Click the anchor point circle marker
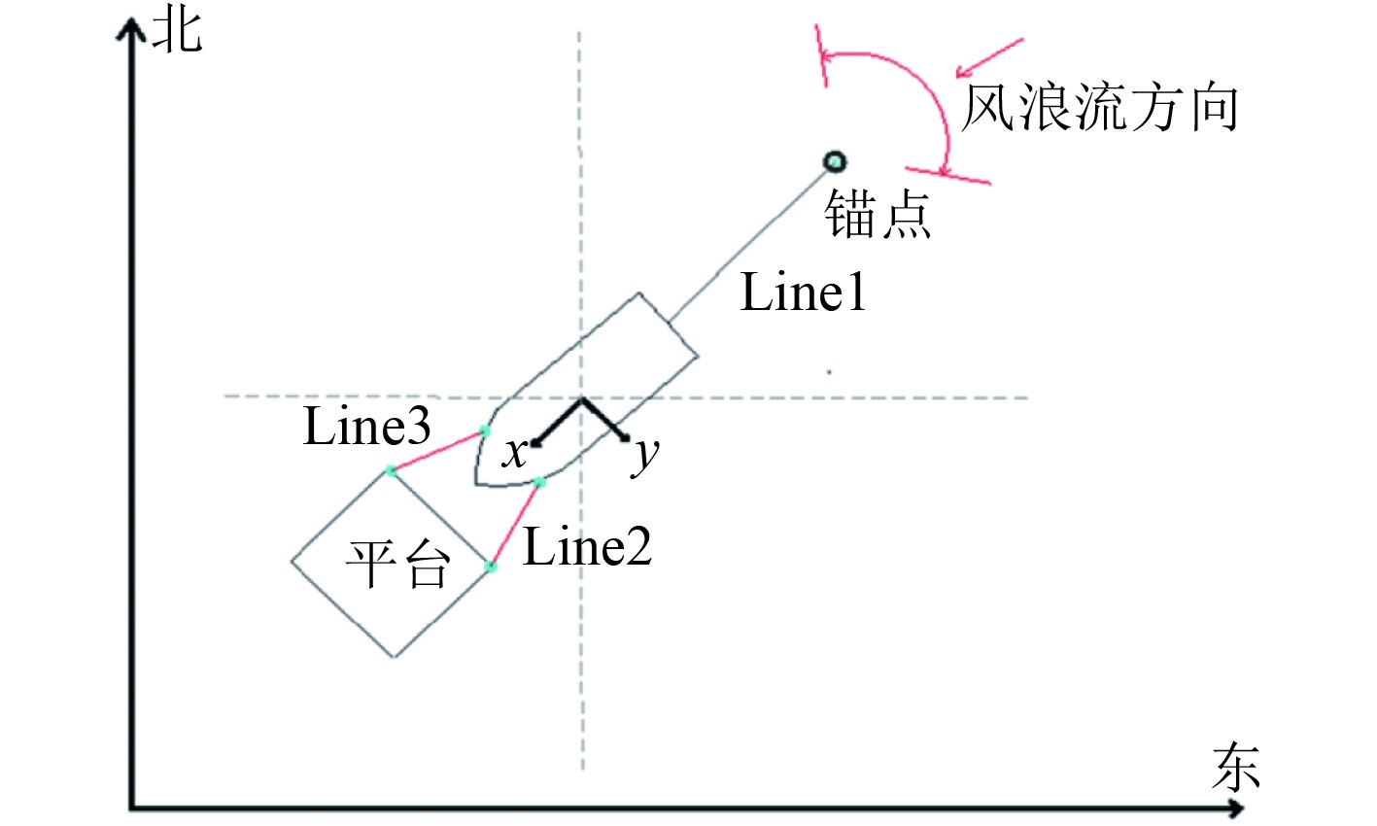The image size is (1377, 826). [x=834, y=162]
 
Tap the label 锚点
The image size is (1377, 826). [x=878, y=215]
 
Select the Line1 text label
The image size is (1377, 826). [x=803, y=292]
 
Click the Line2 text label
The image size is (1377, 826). [x=587, y=548]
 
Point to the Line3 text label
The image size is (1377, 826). [x=366, y=427]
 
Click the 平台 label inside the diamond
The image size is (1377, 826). [x=398, y=565]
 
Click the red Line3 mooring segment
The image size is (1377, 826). [x=437, y=451]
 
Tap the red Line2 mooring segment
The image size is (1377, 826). [x=515, y=525]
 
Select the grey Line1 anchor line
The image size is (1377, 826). [x=748, y=242]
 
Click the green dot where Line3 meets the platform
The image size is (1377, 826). [x=391, y=470]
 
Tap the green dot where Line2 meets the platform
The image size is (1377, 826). [x=491, y=567]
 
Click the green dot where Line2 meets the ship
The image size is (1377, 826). [x=540, y=483]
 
